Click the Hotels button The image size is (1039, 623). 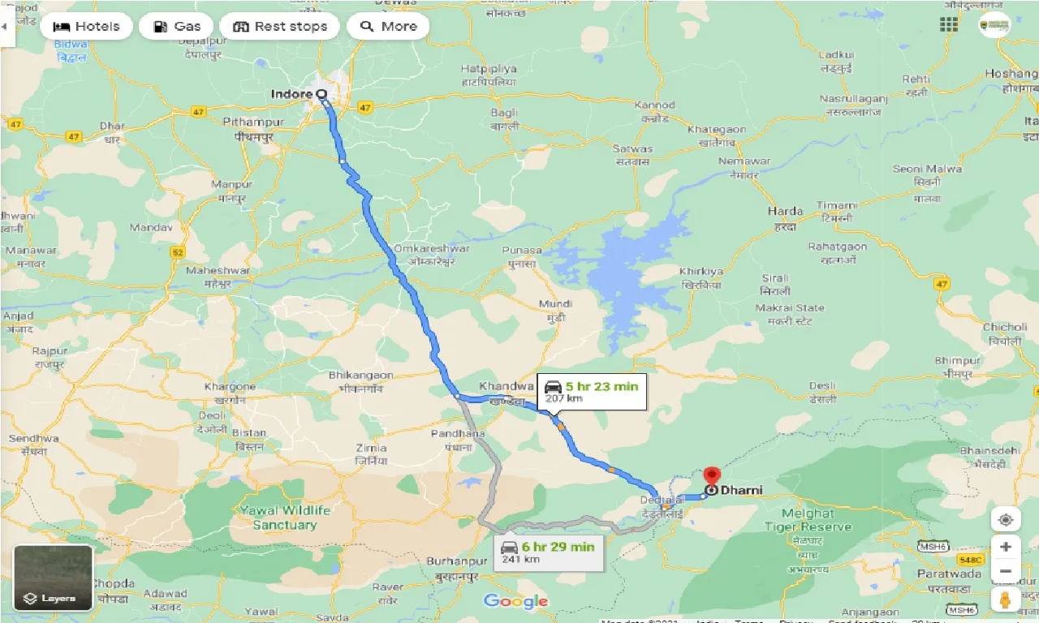(x=86, y=27)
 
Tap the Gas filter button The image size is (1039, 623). (x=176, y=27)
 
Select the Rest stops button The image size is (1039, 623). (x=280, y=27)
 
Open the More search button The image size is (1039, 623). (x=388, y=27)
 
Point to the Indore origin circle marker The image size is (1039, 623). (x=322, y=94)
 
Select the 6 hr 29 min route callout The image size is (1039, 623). (x=548, y=552)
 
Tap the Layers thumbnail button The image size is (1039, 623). (x=54, y=578)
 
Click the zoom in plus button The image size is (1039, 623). (x=1005, y=547)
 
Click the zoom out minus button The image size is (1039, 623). (x=1005, y=573)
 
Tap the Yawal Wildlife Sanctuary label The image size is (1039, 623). (x=284, y=518)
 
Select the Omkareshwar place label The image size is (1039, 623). (x=431, y=249)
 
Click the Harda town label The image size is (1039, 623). (x=785, y=211)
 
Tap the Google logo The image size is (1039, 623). (x=515, y=601)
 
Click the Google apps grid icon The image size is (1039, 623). (x=949, y=24)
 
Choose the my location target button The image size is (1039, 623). (x=1005, y=520)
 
